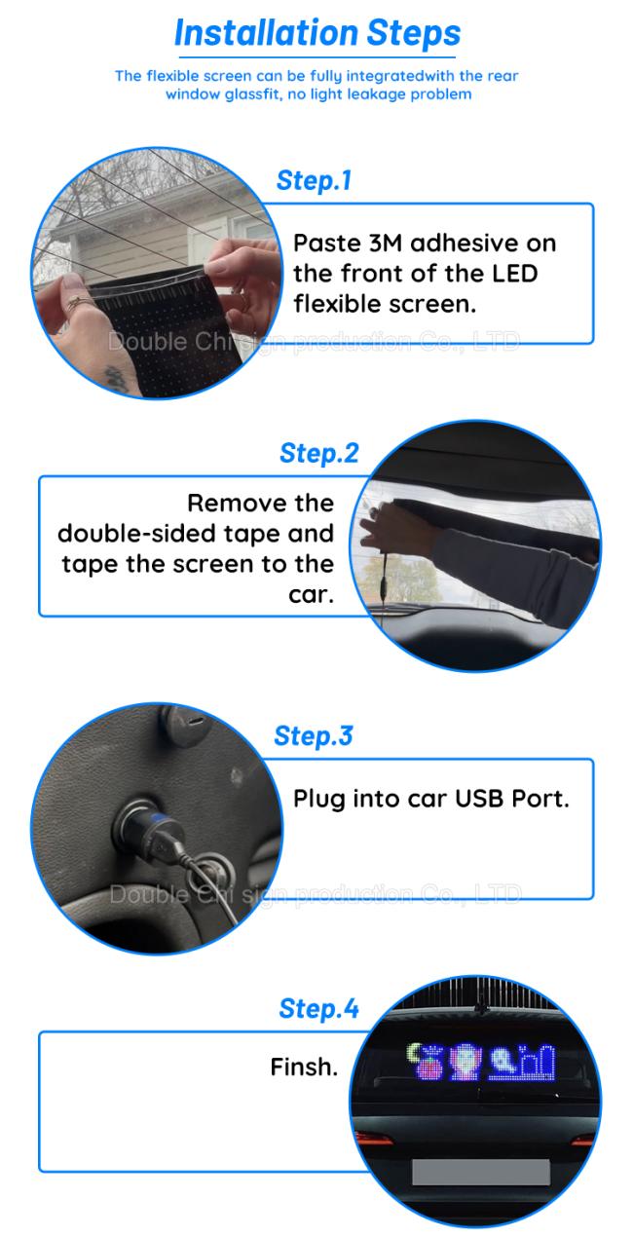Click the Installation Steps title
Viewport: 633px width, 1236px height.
317,33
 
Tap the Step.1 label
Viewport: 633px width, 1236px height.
314,181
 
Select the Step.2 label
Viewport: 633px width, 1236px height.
319,454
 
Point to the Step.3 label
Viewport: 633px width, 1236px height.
314,736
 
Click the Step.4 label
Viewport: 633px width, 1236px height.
319,1009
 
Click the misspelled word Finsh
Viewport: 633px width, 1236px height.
304,1067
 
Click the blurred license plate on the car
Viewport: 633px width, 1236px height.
481,1172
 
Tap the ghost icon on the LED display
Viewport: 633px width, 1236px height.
502,1061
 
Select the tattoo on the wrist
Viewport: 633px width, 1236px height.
116,378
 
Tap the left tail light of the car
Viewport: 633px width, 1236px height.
374,1138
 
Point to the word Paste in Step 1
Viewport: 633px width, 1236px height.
326,243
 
